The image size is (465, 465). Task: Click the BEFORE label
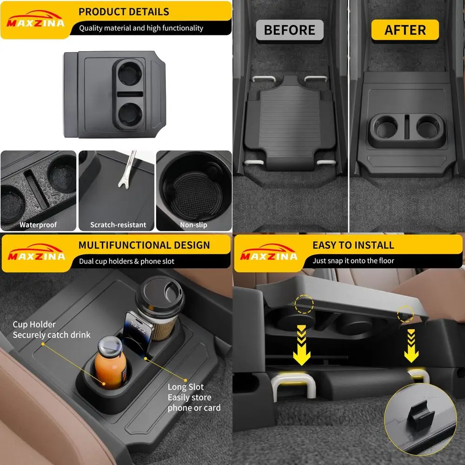(290, 30)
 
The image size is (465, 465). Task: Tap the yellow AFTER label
(405, 30)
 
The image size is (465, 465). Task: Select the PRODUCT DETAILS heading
(124, 12)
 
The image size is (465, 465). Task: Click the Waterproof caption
(38, 225)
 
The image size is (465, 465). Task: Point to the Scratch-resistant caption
(118, 225)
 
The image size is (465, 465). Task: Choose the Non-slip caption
(193, 225)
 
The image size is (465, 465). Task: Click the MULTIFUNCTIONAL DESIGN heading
(144, 245)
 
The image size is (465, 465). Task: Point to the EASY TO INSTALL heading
(353, 245)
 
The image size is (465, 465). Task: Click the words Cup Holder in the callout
(34, 325)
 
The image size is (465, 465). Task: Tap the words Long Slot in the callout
(186, 387)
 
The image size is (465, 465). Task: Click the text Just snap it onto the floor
(353, 261)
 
